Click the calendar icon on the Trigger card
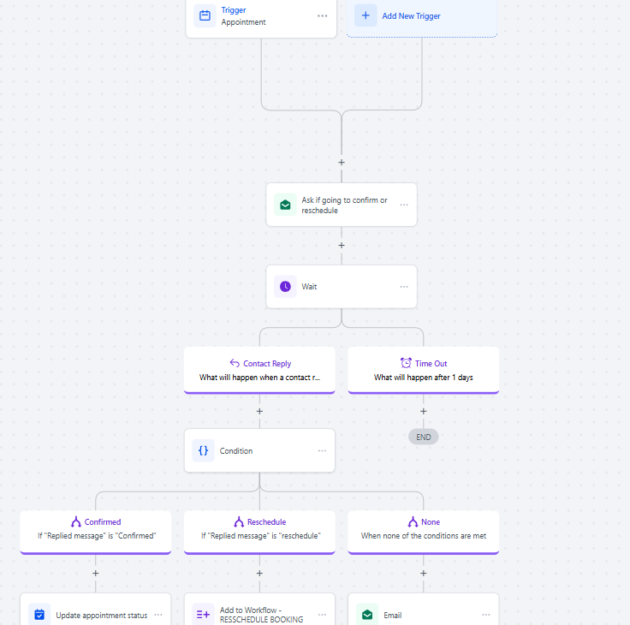point(205,15)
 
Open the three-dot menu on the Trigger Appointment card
point(322,16)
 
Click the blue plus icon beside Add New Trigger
point(366,15)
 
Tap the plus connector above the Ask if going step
point(342,163)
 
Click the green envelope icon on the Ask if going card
point(285,205)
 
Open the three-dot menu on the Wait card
point(404,287)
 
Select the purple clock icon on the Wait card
point(285,287)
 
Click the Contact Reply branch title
point(267,363)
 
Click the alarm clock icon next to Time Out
point(406,363)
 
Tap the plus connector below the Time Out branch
point(424,411)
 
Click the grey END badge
point(424,437)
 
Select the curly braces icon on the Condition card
point(204,450)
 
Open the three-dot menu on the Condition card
point(322,450)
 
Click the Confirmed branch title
point(103,521)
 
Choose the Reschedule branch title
point(267,521)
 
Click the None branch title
point(431,521)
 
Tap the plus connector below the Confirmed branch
point(96,573)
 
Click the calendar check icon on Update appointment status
point(39,615)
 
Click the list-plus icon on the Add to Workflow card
point(204,615)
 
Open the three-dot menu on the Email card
point(486,615)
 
